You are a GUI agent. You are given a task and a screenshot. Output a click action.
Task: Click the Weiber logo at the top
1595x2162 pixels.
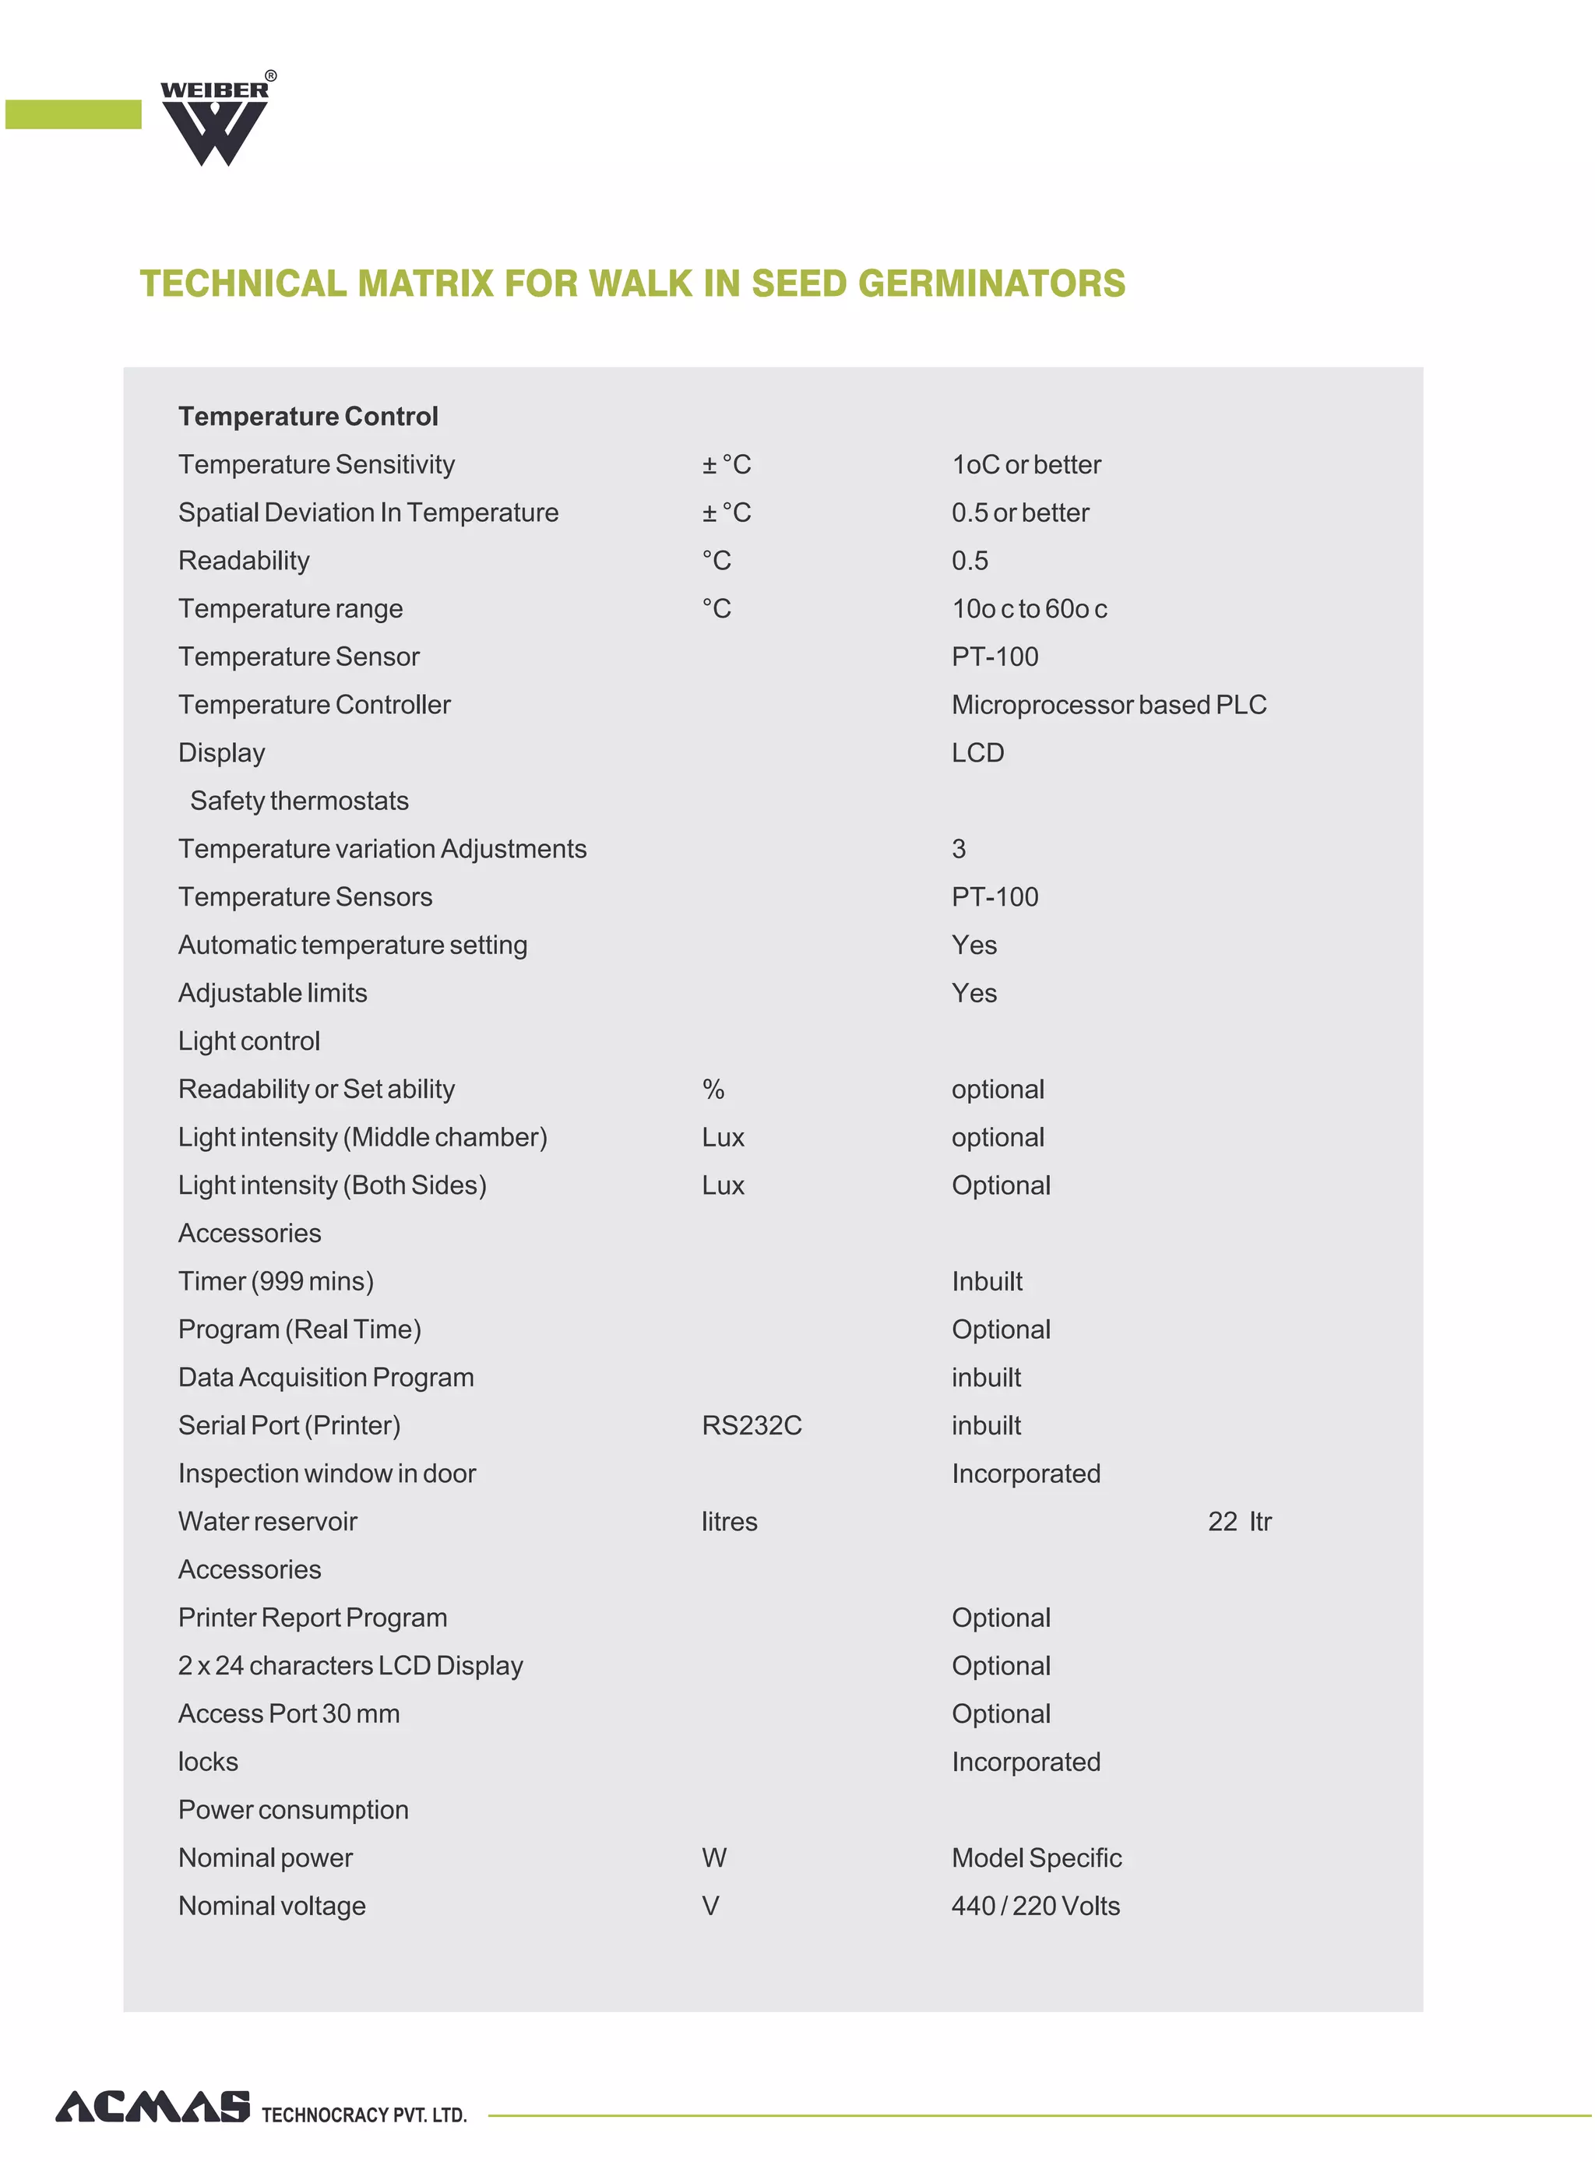pos(214,121)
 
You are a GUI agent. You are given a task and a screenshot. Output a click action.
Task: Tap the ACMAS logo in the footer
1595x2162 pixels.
pos(153,2106)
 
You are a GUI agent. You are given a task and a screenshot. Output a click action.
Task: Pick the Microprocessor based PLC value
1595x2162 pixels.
pos(1108,706)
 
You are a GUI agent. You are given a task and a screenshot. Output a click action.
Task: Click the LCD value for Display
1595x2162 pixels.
pos(977,753)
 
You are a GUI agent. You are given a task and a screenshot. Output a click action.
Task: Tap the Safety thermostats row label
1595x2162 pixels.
pos(299,801)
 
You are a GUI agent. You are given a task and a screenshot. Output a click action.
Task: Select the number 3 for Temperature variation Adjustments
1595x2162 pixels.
pos(958,850)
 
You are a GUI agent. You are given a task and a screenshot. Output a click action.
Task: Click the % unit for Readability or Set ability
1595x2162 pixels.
pos(713,1090)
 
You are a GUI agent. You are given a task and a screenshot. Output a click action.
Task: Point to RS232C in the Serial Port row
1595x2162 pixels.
pos(751,1426)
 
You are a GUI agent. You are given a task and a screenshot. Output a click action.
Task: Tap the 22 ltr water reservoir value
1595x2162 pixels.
pos(1239,1523)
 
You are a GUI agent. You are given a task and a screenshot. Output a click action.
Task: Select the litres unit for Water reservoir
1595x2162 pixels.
pos(729,1523)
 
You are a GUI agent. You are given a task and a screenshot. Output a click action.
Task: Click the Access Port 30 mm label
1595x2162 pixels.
pos(289,1715)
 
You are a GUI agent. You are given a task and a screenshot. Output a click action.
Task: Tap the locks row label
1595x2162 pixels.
pos(208,1763)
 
